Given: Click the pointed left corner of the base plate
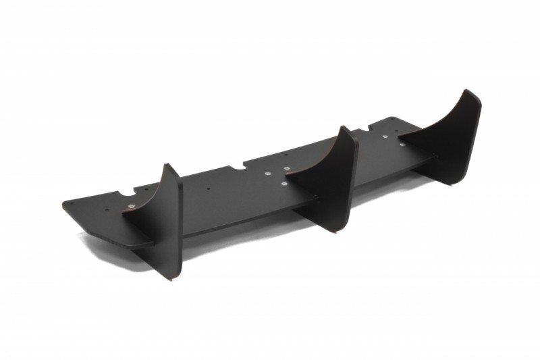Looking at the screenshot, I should click(65, 203).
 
